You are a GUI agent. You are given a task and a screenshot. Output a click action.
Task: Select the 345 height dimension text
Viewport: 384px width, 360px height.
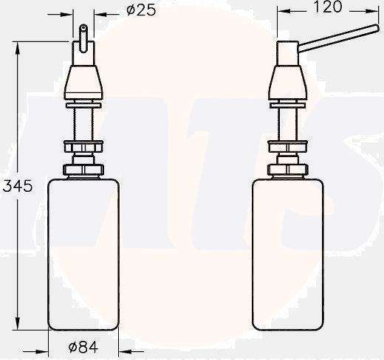16,187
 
